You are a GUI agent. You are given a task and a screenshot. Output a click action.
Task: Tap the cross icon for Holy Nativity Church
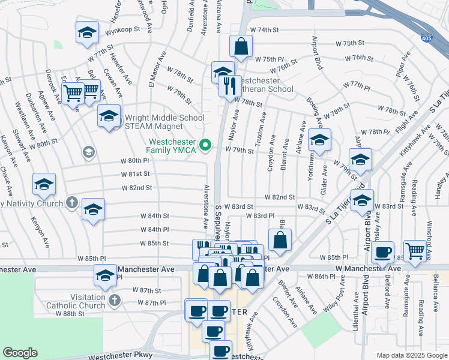point(73,202)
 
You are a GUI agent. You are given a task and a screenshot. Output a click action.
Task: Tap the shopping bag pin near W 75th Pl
point(241,46)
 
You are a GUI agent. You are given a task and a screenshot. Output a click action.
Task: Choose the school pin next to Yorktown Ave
point(319,140)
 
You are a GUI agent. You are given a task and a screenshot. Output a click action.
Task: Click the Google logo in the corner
point(20,353)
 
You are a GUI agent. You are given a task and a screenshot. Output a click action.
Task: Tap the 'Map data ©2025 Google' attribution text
point(412,355)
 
